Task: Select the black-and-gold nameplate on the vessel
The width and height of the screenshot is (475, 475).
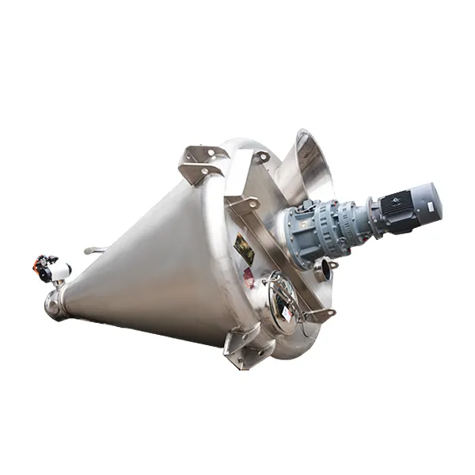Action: tap(244, 253)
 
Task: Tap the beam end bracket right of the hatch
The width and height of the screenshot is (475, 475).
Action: tap(317, 314)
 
